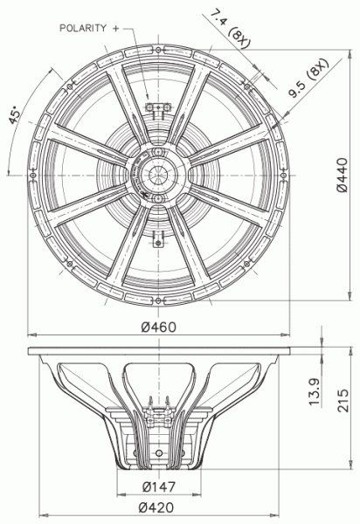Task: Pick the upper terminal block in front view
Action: pos(158,108)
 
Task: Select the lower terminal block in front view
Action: pos(158,237)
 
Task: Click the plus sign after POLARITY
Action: pos(115,29)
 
